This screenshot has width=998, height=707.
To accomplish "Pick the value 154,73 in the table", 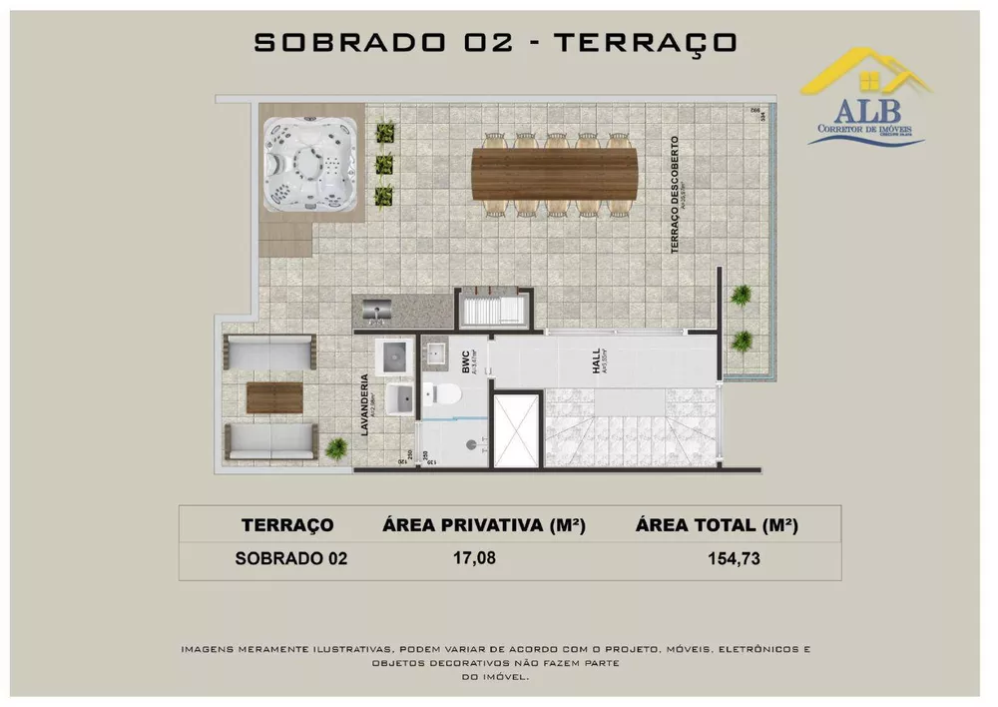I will tap(733, 558).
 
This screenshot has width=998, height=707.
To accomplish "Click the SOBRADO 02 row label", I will tap(290, 558).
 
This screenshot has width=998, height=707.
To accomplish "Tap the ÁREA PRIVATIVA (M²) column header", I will tap(483, 525).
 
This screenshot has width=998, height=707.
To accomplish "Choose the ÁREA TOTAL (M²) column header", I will tap(720, 525).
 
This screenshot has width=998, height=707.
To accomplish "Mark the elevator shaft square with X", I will tap(518, 429).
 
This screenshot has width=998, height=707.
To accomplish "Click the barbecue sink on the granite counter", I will tap(378, 313).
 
